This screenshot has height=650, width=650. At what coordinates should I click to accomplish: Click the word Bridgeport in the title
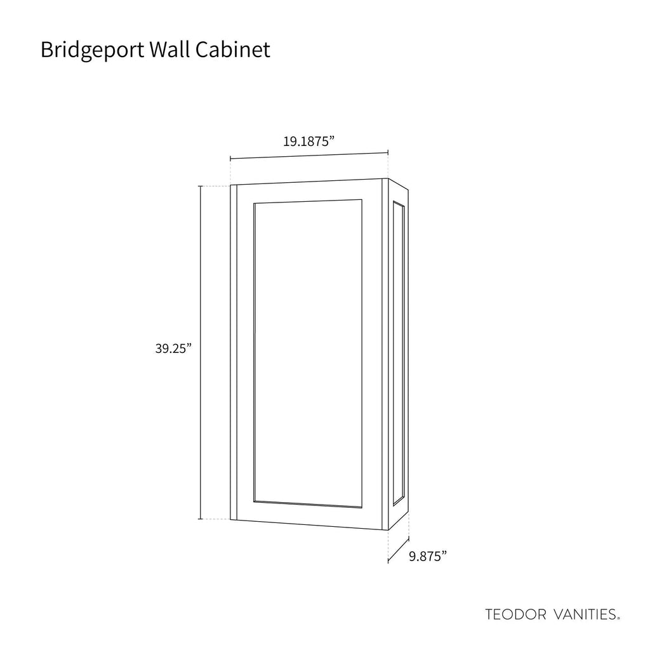coord(93,50)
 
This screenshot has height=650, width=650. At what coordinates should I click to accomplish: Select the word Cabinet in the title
coord(233,50)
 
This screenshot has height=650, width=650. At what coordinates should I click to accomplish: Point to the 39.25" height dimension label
coord(174,348)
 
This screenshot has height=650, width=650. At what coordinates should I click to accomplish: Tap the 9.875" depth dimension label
coord(428,556)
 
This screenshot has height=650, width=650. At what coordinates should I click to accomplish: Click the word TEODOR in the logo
coord(515,614)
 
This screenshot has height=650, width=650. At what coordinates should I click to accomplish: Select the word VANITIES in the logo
coord(585,614)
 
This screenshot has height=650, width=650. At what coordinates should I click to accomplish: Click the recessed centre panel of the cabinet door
coord(308,354)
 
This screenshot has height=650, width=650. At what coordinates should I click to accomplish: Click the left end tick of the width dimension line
coord(230,158)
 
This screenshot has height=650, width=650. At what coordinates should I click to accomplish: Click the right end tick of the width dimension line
coord(388,152)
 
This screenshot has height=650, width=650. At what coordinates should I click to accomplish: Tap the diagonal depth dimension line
coord(399,550)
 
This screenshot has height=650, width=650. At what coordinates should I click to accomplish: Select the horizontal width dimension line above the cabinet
coord(309,156)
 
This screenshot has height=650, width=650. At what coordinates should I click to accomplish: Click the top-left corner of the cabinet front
coord(230,185)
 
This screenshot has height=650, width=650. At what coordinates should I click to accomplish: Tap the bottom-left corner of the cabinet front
coord(230,519)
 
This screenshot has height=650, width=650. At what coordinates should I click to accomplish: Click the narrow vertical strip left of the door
coord(234,352)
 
